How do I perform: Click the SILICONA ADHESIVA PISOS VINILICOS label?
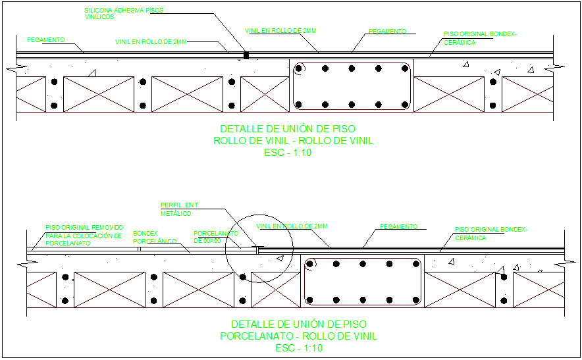click(124, 14)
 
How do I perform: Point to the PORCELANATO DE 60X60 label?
click(215, 237)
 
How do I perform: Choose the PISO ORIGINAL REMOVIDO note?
click(84, 235)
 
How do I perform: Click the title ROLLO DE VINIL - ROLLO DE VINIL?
click(293, 141)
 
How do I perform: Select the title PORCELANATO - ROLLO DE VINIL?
click(298, 336)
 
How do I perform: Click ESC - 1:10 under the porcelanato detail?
click(298, 347)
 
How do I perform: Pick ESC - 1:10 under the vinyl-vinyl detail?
click(288, 153)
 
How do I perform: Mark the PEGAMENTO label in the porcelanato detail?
click(399, 227)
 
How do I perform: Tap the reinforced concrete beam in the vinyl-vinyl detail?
click(352, 86)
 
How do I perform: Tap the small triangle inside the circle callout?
click(280, 258)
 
